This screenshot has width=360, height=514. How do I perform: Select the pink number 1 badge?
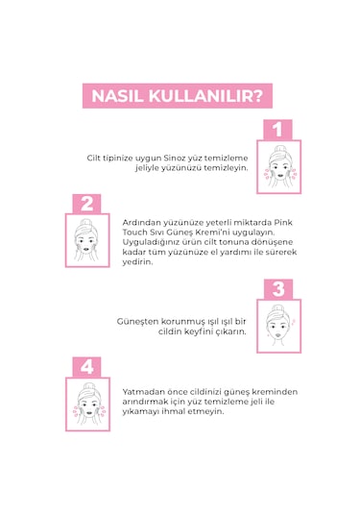pyautogui.click(x=276, y=129)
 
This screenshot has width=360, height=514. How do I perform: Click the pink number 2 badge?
pyautogui.click(x=86, y=204)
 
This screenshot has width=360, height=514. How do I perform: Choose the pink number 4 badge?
pyautogui.click(x=86, y=367)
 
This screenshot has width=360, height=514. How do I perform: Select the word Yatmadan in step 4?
pyautogui.click(x=142, y=392)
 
